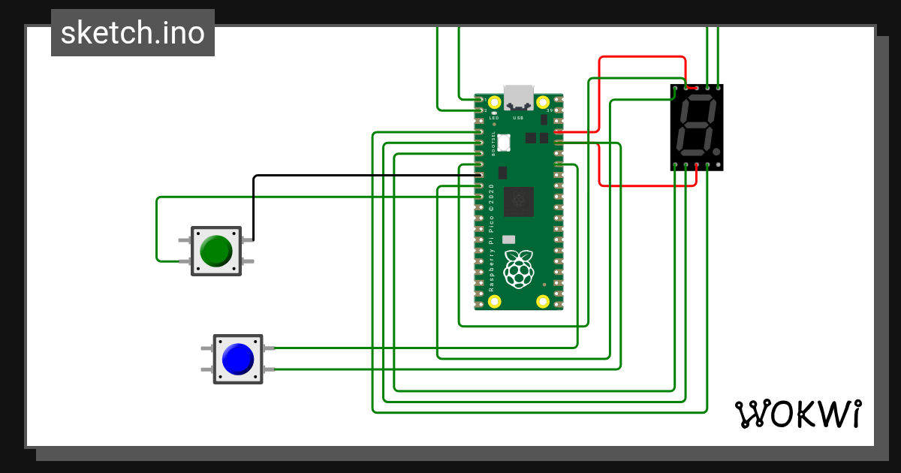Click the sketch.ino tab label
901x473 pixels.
coord(132,33)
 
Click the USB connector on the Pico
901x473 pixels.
coord(519,97)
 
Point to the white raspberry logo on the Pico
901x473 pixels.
coord(519,270)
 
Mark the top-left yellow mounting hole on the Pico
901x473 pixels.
coord(494,102)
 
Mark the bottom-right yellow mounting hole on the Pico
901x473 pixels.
coord(543,302)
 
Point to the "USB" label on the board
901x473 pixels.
coord(518,118)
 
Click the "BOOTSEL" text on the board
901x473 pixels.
coord(493,143)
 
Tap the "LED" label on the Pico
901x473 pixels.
coord(493,118)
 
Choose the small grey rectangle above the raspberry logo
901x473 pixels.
coord(509,239)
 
